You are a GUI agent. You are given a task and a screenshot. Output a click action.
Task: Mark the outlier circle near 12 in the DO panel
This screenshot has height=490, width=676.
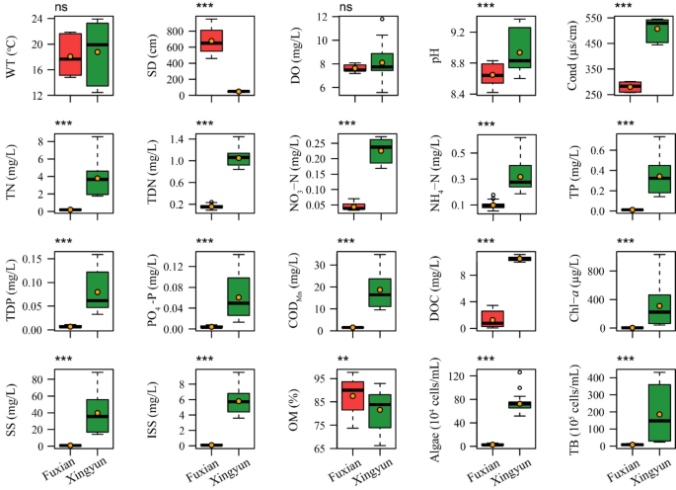pyautogui.click(x=381, y=19)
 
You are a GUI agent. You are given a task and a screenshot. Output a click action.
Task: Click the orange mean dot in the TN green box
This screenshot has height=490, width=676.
pyautogui.click(x=97, y=179)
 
